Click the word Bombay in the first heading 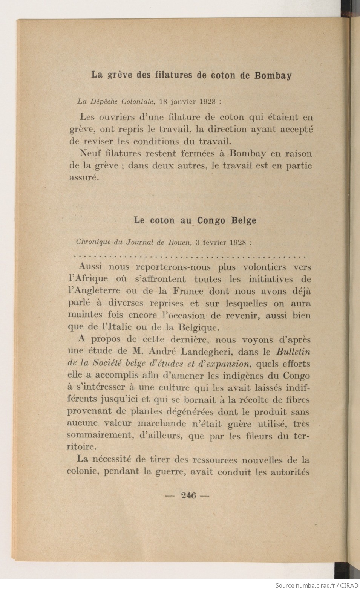tap(273, 75)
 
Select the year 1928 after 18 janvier tap(208, 101)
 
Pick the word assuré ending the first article tap(84, 178)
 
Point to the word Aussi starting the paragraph tap(90, 267)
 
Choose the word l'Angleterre tap(94, 291)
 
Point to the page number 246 tap(188, 496)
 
